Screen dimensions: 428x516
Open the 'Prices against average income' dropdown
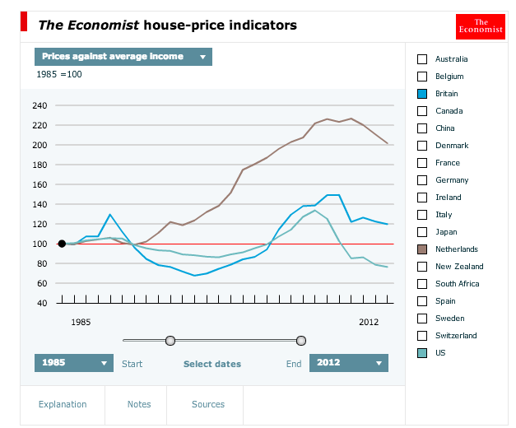[x=123, y=57]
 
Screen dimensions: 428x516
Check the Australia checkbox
[x=422, y=59]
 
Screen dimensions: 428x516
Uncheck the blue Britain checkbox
[x=422, y=94]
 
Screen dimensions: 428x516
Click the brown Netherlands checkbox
[x=422, y=249]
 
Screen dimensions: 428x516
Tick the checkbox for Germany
[x=422, y=180]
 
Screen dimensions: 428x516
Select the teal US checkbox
[x=422, y=353]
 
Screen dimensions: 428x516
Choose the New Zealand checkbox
[x=422, y=267]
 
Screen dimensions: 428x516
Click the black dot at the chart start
[x=62, y=244]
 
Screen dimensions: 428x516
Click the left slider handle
[x=170, y=340]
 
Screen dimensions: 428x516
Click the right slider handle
[x=301, y=340]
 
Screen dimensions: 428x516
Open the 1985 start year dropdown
[x=74, y=363]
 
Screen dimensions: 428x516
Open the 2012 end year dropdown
[x=348, y=363]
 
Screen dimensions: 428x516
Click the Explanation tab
[x=63, y=404]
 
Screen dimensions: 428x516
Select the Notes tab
[x=139, y=404]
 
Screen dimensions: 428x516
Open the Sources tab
[x=208, y=404]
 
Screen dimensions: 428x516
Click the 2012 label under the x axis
[x=369, y=322]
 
